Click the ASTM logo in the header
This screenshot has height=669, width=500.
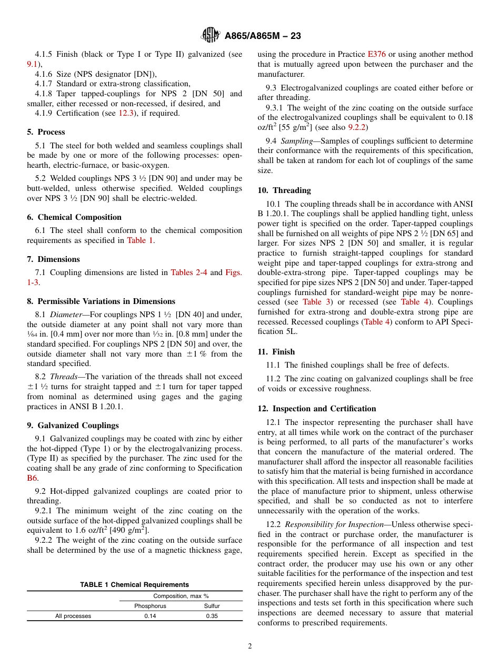click(211, 36)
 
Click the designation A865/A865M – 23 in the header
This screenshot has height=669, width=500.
click(263, 36)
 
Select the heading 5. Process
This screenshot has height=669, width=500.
click(46, 132)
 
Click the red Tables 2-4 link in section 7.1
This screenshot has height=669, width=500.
click(189, 272)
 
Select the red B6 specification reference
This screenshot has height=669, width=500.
click(32, 478)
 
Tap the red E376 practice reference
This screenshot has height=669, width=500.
click(376, 54)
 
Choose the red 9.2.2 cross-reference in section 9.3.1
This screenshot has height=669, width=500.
click(357, 127)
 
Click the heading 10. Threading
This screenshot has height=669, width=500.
click(284, 190)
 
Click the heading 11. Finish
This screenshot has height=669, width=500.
click(276, 352)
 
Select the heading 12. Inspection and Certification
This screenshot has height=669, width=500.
click(317, 409)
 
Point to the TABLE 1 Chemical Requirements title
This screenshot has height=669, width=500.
click(134, 585)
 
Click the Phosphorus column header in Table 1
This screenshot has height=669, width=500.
click(150, 606)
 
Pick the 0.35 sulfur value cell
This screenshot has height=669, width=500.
click(212, 616)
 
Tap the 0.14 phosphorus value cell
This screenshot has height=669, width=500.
click(150, 616)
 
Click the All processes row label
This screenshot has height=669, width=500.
click(73, 616)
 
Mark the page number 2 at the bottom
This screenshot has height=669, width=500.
click(250, 646)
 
